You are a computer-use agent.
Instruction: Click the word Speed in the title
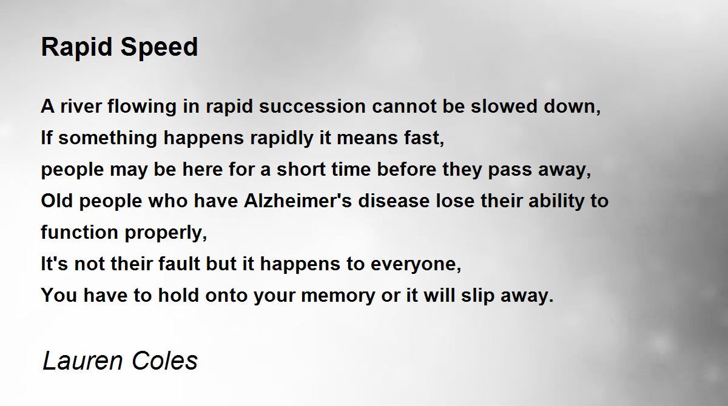pos(159,47)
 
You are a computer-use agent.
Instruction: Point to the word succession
pos(312,106)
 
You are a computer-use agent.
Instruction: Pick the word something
pos(107,138)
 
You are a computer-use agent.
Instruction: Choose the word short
pos(301,169)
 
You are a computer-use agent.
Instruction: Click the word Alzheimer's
pos(298,201)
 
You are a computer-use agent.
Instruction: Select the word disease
pos(394,201)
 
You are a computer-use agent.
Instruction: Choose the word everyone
pos(416,264)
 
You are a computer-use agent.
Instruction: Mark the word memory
pos(338,296)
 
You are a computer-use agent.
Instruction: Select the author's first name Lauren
pos(83,361)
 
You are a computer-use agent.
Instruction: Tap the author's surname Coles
pos(165,361)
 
